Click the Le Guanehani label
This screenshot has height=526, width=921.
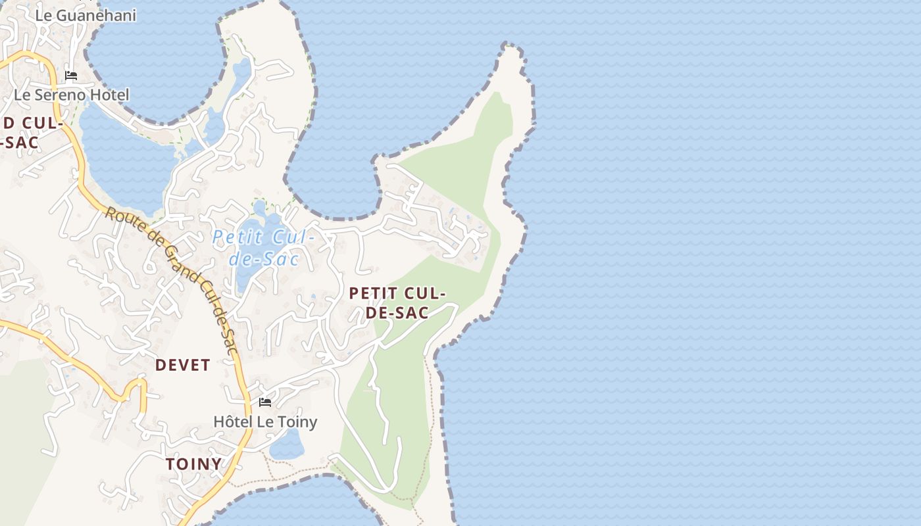point(86,15)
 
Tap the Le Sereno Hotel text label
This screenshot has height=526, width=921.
point(72,95)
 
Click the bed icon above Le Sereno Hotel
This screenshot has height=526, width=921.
point(71,76)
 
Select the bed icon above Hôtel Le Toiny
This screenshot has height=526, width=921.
point(265,402)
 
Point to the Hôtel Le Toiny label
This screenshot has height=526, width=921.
point(265,421)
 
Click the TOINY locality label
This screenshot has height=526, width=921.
point(194,464)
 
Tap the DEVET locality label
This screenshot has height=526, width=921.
point(183,366)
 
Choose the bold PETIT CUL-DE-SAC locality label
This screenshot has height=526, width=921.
point(397,302)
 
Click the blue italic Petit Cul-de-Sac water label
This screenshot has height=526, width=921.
point(264,247)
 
